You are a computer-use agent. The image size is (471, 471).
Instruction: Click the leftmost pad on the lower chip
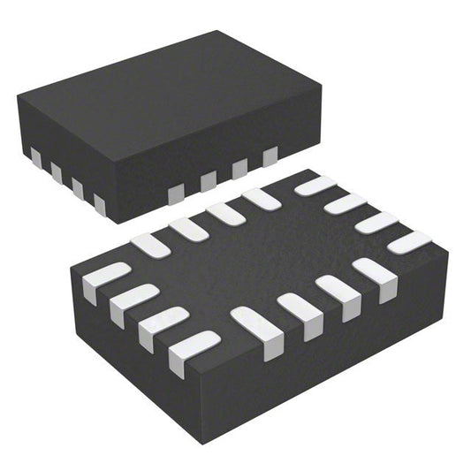105,275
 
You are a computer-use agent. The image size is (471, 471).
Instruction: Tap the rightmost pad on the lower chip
408,239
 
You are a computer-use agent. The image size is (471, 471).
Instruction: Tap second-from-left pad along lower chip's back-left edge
188,229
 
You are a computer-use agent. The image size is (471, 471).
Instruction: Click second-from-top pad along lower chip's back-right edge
345,204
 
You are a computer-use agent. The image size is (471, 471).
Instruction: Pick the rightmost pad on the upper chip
270,157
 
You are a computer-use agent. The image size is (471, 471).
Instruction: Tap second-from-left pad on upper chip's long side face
208,180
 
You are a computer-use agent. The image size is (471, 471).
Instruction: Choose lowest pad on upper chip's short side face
99,204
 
